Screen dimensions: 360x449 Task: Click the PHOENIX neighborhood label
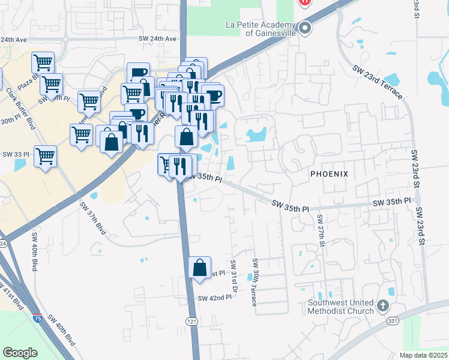click(329, 173)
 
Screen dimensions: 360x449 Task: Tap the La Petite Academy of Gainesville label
click(261, 29)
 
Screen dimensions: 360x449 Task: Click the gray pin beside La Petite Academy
click(305, 28)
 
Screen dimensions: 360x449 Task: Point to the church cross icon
click(383, 307)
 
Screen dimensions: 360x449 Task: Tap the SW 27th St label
click(321, 230)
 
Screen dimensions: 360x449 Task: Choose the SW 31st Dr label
click(233, 276)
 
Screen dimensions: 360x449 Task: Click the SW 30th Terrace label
click(255, 282)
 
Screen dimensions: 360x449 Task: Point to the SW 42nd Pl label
click(214, 298)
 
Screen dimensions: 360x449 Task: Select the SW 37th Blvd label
click(92, 218)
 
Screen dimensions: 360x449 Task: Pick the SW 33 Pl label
click(16, 154)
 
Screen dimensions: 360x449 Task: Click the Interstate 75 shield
click(37, 314)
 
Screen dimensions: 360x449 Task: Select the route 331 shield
click(393, 322)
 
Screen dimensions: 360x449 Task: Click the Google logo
click(20, 352)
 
